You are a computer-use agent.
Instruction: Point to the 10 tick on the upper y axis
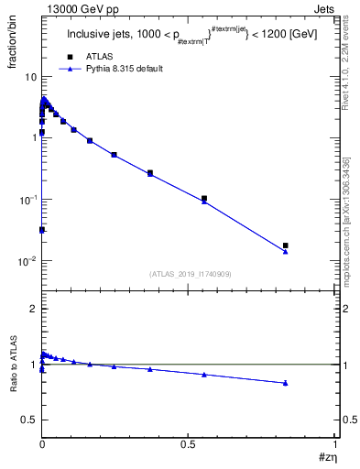(x=29, y=75)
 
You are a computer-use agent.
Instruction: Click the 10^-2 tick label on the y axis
(x=27, y=261)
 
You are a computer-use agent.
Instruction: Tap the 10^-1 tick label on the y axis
(x=27, y=199)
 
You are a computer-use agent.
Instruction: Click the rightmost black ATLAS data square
(x=286, y=245)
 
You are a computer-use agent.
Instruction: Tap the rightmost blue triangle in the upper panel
(x=286, y=252)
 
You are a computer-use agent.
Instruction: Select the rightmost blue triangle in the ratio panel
(x=286, y=383)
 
